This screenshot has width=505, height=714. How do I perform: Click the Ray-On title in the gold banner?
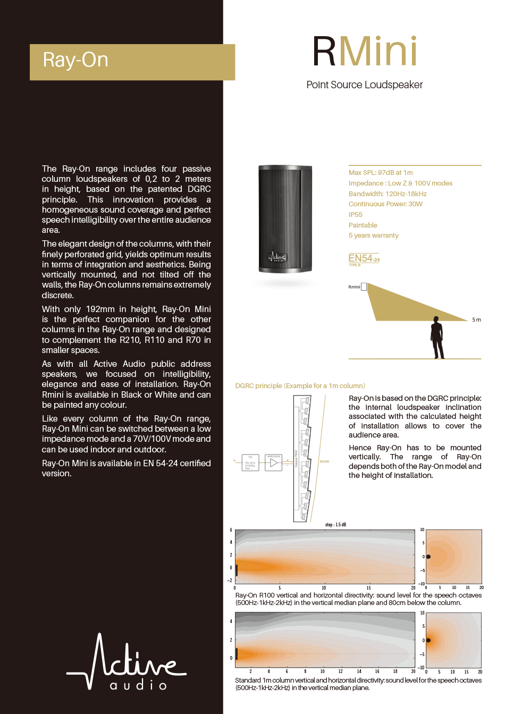(75, 60)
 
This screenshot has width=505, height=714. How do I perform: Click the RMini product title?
(365, 52)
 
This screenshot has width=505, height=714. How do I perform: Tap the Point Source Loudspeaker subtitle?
(365, 85)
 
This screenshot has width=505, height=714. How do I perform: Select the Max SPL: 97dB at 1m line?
(381, 173)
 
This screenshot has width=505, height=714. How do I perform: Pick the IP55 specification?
(356, 215)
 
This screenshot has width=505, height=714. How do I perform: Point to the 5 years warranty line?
(373, 236)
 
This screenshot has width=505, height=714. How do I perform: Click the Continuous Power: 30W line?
(385, 204)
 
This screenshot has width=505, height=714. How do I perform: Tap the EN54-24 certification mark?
(364, 259)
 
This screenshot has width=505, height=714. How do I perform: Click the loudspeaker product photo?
(285, 219)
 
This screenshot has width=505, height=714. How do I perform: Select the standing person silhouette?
(437, 338)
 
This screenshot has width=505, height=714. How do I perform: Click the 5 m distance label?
(476, 320)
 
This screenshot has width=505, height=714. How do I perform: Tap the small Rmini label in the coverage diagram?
(354, 287)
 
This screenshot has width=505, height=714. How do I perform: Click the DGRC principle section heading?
(300, 386)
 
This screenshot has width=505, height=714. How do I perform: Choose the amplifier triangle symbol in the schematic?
(274, 463)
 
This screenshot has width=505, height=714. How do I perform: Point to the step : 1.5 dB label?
(335, 525)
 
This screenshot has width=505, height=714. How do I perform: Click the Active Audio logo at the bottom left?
(126, 662)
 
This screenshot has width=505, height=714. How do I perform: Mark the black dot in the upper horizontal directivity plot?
(428, 557)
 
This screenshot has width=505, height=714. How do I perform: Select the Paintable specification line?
(363, 225)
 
